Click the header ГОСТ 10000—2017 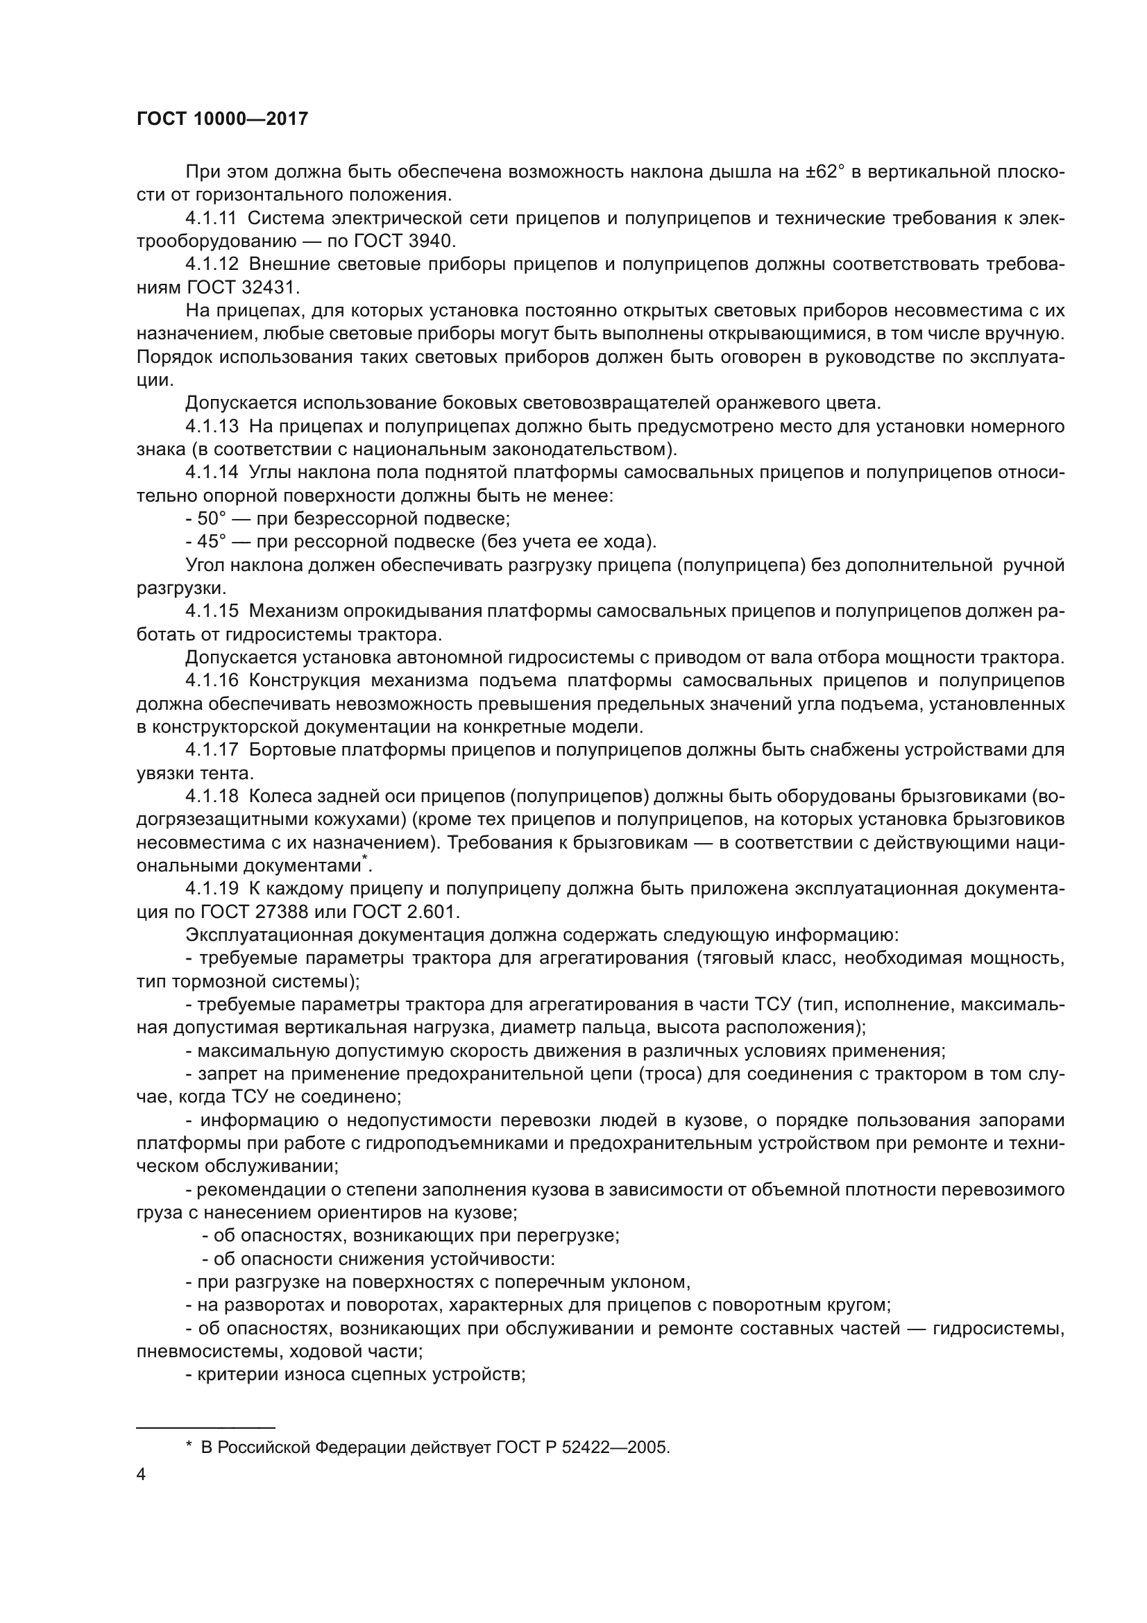click(223, 119)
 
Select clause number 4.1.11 click(212, 219)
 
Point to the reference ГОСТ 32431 click(244, 288)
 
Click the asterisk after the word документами click(365, 858)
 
